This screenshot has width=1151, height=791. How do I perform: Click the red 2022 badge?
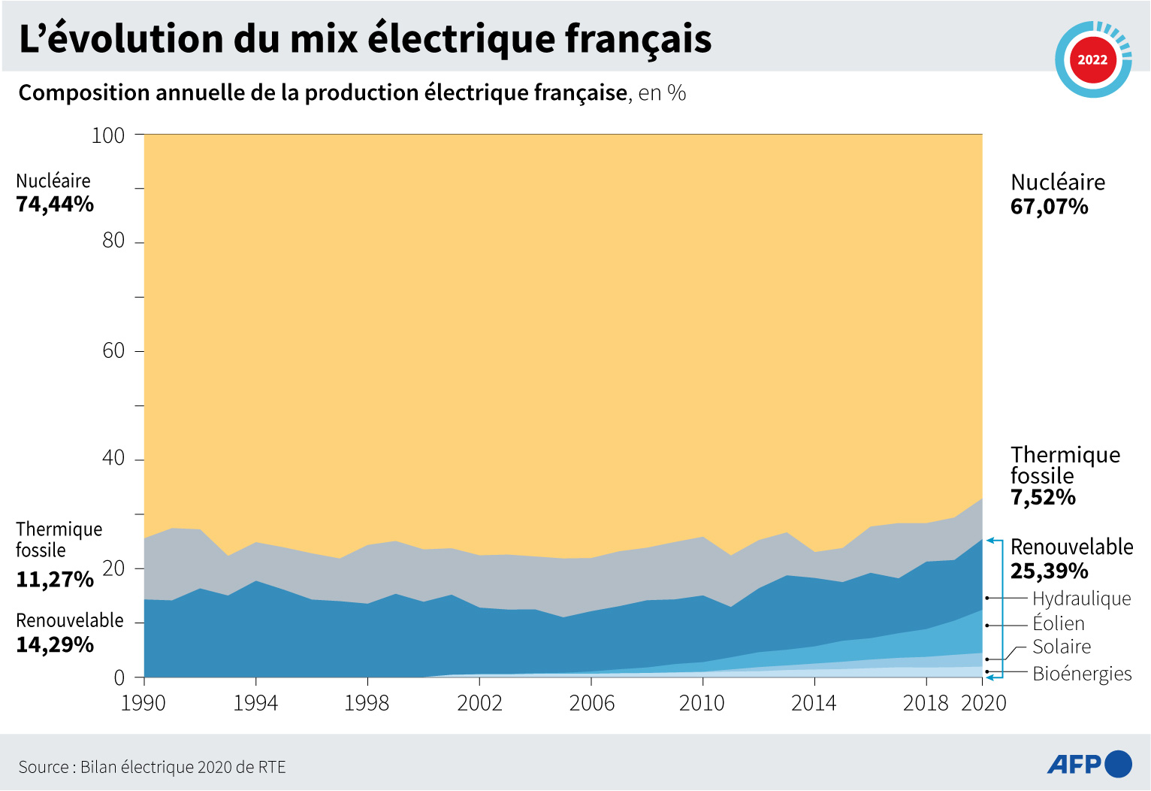(x=1092, y=59)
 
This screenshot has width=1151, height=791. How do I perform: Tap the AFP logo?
(x=1089, y=764)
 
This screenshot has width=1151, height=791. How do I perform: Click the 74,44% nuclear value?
(x=55, y=205)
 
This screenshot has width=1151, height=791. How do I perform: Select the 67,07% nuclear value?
(x=1049, y=207)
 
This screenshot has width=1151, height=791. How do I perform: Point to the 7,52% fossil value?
(x=1043, y=498)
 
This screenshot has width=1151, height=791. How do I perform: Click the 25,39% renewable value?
(x=1049, y=571)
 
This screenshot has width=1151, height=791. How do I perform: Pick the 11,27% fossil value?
(x=55, y=580)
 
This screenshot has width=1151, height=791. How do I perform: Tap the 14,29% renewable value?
(x=55, y=645)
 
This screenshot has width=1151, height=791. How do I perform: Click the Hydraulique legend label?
(x=1081, y=599)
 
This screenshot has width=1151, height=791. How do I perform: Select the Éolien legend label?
(x=1058, y=623)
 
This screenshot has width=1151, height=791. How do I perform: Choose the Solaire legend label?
(x=1061, y=647)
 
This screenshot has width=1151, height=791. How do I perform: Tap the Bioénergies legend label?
(x=1082, y=674)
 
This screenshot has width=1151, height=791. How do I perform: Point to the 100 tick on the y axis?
(x=108, y=135)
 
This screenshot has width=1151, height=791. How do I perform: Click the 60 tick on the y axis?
(x=113, y=350)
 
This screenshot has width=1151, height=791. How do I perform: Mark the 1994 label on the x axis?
(x=255, y=703)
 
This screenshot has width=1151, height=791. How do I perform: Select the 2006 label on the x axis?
(x=591, y=703)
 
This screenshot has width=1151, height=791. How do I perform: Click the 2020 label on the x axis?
(x=983, y=703)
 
